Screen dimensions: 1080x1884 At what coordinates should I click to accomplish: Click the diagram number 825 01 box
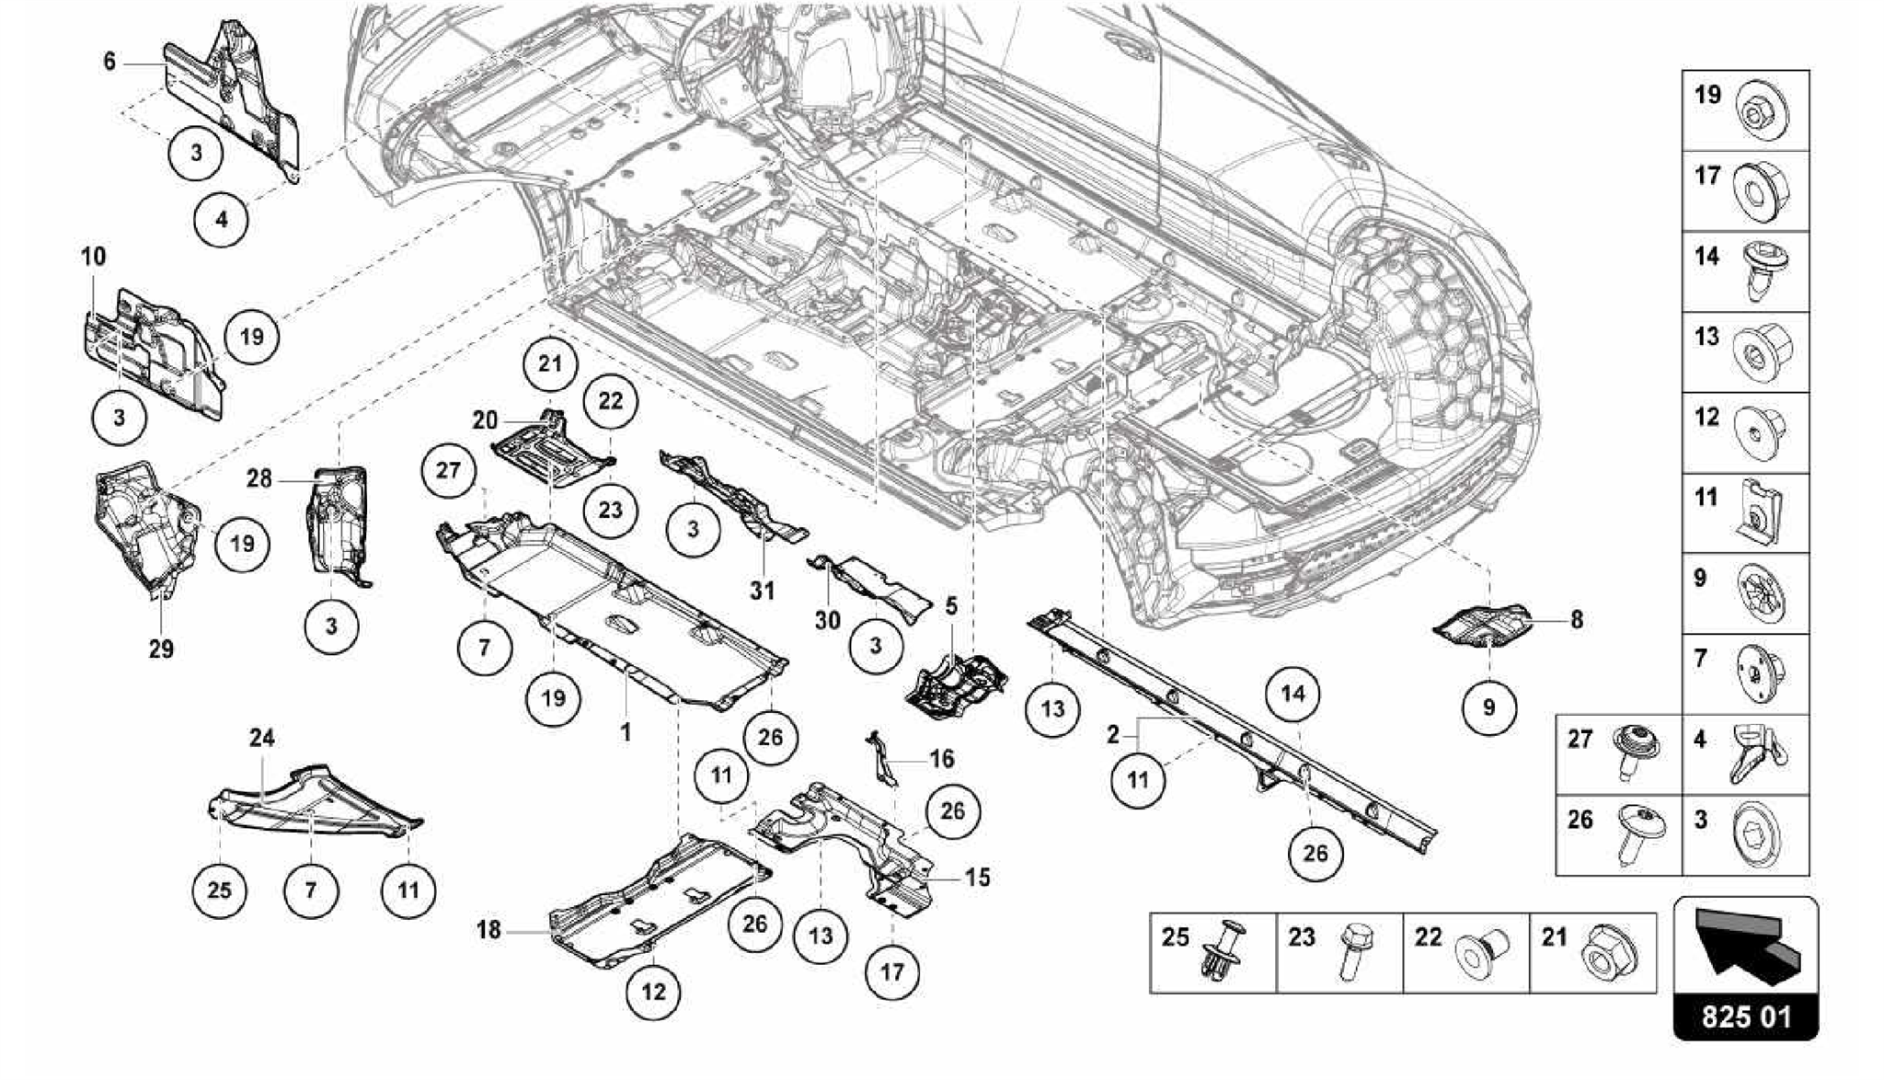1746,1018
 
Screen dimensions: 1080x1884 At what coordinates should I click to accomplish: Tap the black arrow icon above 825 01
1745,948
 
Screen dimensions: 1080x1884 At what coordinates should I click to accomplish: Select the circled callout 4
221,220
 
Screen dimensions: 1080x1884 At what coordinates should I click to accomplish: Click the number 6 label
109,62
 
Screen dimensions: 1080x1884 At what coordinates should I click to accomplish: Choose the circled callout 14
1292,694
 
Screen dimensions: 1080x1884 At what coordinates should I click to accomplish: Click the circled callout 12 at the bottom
653,992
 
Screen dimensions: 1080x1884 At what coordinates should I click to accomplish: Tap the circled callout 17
892,971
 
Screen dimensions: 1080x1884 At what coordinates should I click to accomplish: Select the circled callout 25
219,890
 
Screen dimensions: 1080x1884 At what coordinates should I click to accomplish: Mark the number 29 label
161,649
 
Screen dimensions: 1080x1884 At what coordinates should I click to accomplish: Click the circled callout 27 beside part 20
448,470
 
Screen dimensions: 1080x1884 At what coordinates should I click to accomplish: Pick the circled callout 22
610,401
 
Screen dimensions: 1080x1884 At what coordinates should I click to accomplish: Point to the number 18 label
488,930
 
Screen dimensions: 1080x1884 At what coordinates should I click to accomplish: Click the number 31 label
762,590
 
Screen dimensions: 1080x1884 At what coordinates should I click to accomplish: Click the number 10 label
94,256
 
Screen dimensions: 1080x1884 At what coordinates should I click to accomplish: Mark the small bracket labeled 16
882,760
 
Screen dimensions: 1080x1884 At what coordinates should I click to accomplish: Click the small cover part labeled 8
1481,626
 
